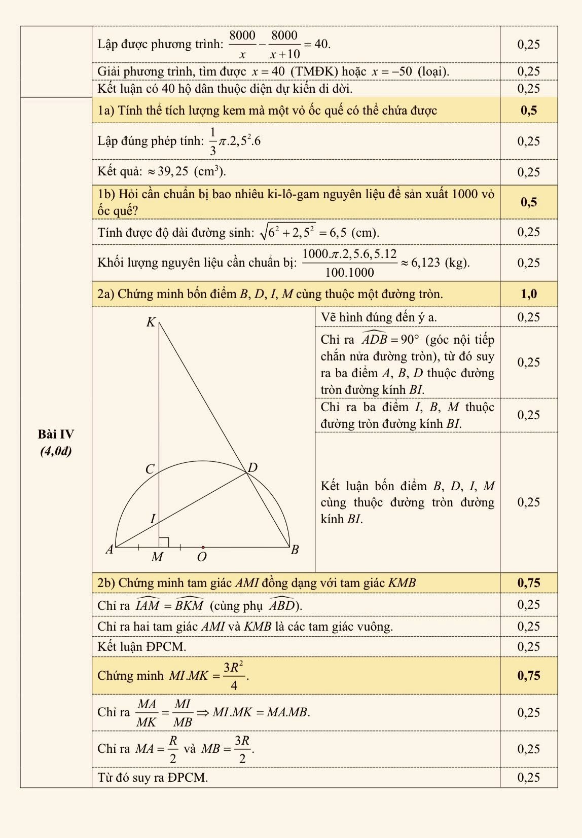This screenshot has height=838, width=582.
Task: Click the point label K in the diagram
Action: click(x=151, y=322)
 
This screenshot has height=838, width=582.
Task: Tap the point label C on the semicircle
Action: click(x=150, y=469)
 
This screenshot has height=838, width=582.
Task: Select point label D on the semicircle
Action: click(x=252, y=467)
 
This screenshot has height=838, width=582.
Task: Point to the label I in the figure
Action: click(x=153, y=519)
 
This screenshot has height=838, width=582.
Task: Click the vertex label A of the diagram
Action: click(x=108, y=550)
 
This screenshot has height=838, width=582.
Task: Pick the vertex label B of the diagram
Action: click(x=295, y=550)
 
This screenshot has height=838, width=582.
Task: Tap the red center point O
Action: click(x=203, y=548)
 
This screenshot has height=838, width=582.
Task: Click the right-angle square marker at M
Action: click(x=163, y=542)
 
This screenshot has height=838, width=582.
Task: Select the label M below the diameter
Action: click(x=158, y=557)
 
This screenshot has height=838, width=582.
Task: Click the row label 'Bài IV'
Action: click(x=56, y=434)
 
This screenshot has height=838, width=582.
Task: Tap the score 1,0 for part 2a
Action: click(x=528, y=294)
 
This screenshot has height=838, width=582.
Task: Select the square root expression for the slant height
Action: click(x=287, y=232)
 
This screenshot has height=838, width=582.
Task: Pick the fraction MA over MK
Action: click(x=147, y=713)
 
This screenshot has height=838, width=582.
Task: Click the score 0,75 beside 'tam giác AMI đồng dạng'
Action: click(x=528, y=583)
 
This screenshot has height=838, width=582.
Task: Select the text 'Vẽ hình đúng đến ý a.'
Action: click(x=379, y=317)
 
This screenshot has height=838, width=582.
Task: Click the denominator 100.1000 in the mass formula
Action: click(x=349, y=272)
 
